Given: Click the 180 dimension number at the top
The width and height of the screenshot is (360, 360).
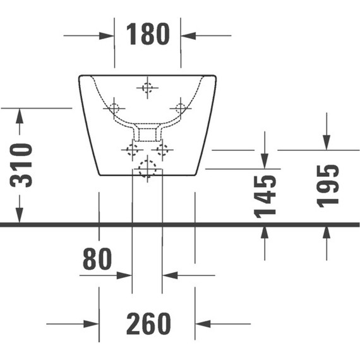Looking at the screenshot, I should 148,34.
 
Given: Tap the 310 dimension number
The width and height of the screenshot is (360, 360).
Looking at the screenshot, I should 23,165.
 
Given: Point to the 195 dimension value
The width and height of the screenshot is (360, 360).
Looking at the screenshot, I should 328,185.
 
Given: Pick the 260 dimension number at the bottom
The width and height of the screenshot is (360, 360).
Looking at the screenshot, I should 148,324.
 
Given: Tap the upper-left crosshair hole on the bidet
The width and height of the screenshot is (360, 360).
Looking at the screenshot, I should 114,107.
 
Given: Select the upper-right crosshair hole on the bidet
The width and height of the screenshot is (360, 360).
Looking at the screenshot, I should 181,107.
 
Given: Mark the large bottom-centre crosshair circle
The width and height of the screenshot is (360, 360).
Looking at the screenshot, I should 147,169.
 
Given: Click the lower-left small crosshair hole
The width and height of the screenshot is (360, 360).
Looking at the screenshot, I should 132,150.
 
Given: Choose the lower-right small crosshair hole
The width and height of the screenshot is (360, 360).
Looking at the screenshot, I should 163,150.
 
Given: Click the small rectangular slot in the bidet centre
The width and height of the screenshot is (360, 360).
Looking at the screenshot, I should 148,134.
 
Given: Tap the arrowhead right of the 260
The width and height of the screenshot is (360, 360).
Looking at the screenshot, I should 202,324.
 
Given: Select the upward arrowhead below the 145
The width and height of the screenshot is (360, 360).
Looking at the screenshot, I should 264,232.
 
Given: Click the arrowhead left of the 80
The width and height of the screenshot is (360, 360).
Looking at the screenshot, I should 124,275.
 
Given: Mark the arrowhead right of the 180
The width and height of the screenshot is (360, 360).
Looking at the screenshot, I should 188,35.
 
